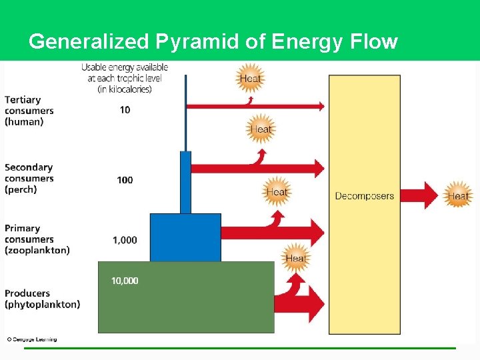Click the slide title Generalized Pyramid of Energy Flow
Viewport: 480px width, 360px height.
click(213, 42)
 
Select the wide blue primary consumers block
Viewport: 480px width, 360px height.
click(185, 237)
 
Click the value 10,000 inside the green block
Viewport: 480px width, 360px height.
click(125, 281)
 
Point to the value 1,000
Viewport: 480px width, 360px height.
click(125, 240)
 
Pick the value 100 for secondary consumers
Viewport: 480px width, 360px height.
click(125, 180)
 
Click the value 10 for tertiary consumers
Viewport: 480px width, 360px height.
click(125, 109)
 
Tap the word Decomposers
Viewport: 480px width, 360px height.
click(364, 196)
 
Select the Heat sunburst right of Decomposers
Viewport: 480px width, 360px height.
click(457, 195)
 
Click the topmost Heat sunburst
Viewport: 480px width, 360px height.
click(250, 79)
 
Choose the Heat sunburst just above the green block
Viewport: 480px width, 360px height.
click(295, 258)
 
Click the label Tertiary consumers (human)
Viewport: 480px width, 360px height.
click(29, 111)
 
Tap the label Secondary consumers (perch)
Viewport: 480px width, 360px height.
click(29, 179)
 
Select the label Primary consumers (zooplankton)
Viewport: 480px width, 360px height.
click(37, 239)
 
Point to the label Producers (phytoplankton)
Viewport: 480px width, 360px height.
click(42, 299)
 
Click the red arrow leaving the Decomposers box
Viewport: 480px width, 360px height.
click(421, 195)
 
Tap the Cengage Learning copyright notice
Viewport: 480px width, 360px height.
click(32, 339)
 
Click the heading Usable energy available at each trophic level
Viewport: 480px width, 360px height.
click(125, 78)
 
